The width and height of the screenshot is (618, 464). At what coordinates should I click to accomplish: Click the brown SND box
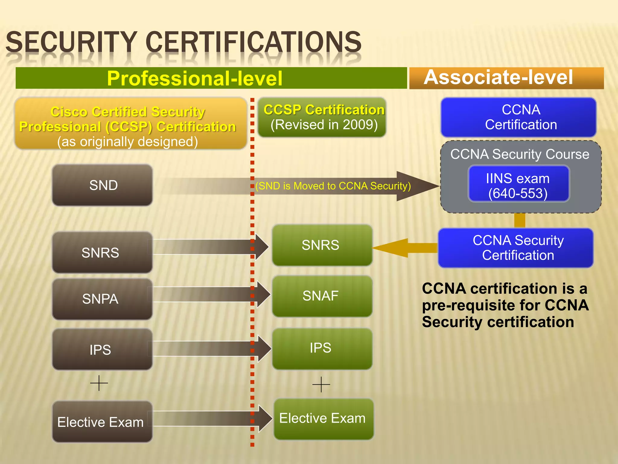[102, 185]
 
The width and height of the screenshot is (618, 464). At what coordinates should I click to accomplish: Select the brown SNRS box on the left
[102, 253]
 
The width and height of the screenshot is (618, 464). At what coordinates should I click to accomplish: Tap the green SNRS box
[322, 245]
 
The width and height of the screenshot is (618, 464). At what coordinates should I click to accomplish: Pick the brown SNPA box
[102, 299]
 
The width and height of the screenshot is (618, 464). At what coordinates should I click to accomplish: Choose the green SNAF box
[322, 296]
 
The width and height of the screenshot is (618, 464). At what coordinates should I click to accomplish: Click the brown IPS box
[102, 350]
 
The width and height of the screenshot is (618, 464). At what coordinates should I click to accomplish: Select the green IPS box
[322, 348]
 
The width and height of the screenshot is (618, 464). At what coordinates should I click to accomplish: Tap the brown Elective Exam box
[102, 422]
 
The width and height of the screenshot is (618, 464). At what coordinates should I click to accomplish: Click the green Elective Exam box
[323, 419]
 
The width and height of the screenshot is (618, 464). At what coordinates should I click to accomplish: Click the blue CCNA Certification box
[518, 117]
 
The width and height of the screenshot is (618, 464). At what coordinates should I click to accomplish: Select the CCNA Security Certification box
[516, 248]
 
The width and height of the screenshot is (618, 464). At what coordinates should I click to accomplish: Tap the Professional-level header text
[195, 78]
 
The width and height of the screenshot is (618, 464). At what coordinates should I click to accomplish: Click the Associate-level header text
[498, 77]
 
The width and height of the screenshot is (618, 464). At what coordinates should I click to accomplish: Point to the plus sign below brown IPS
[99, 383]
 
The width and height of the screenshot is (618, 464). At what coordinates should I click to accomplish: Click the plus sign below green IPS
[321, 384]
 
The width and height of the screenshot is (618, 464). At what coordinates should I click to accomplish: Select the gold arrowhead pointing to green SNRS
[389, 248]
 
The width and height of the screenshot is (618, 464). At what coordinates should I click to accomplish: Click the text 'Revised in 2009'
[324, 125]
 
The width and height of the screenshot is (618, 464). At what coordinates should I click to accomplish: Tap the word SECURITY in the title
[71, 42]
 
